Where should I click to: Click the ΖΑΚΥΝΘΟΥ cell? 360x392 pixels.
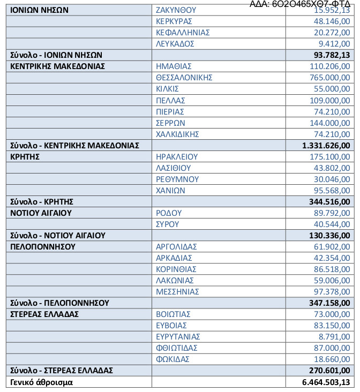pyautogui.click(x=176, y=10)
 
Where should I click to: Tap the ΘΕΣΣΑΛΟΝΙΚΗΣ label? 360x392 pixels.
pyautogui.click(x=184, y=78)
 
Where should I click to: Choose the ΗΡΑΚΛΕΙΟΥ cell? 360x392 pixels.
pyautogui.click(x=177, y=156)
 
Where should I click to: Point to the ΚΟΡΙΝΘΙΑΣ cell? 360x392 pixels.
pyautogui.click(x=176, y=269)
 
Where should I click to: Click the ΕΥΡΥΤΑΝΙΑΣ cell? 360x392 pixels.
pyautogui.click(x=178, y=336)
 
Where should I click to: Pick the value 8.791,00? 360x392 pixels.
pyautogui.click(x=335, y=336)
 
